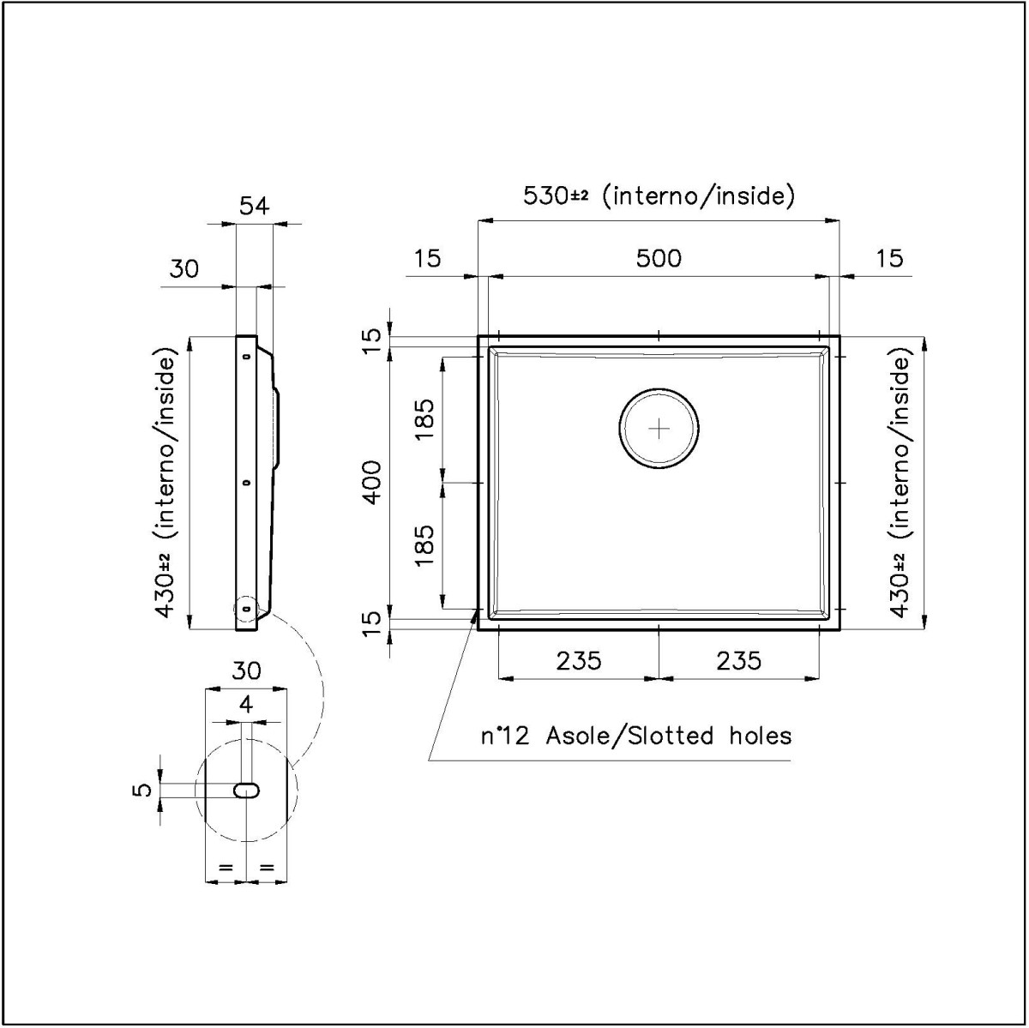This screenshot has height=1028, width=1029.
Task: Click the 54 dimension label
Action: [254, 206]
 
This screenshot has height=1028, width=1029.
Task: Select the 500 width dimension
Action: [659, 258]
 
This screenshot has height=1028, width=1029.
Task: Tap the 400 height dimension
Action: [373, 482]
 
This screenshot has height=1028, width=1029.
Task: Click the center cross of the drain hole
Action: [660, 429]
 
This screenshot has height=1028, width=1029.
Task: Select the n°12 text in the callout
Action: [504, 736]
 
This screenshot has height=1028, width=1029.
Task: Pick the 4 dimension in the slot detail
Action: [246, 705]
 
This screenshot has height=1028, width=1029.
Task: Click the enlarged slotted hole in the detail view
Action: [247, 791]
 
